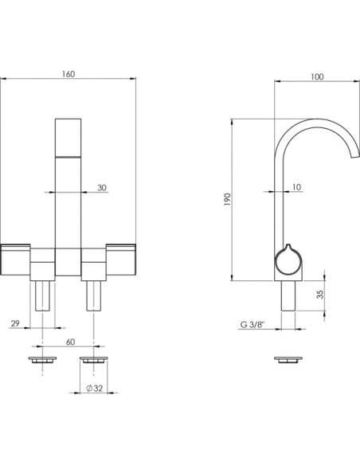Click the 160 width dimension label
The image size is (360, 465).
[68, 74]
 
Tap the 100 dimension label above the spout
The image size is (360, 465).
[317, 76]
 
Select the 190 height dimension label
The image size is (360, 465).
[228, 199]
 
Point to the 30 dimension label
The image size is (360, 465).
[102, 188]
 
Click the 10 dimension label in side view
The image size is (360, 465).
[296, 187]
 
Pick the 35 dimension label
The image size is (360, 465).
[320, 294]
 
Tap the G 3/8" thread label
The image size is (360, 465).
[252, 325]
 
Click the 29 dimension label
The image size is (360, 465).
[15, 323]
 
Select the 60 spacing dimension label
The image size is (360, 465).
[70, 342]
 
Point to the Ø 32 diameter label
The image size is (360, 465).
[94, 389]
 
